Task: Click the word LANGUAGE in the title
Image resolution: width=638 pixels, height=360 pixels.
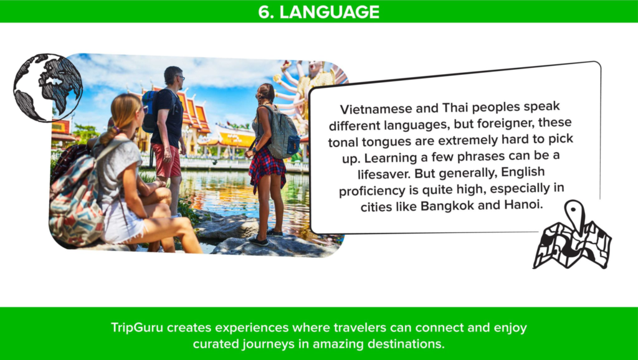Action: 329,12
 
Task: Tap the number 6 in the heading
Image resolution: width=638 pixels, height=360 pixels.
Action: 264,12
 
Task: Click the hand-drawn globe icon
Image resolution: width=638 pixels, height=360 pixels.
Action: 48,87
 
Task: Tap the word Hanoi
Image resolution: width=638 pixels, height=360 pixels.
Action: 523,204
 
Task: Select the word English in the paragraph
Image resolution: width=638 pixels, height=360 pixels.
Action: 523,172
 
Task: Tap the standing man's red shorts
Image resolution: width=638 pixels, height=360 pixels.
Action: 167,160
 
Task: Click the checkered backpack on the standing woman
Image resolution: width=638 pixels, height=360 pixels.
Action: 282,133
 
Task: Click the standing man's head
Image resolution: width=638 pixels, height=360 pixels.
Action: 174,75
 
